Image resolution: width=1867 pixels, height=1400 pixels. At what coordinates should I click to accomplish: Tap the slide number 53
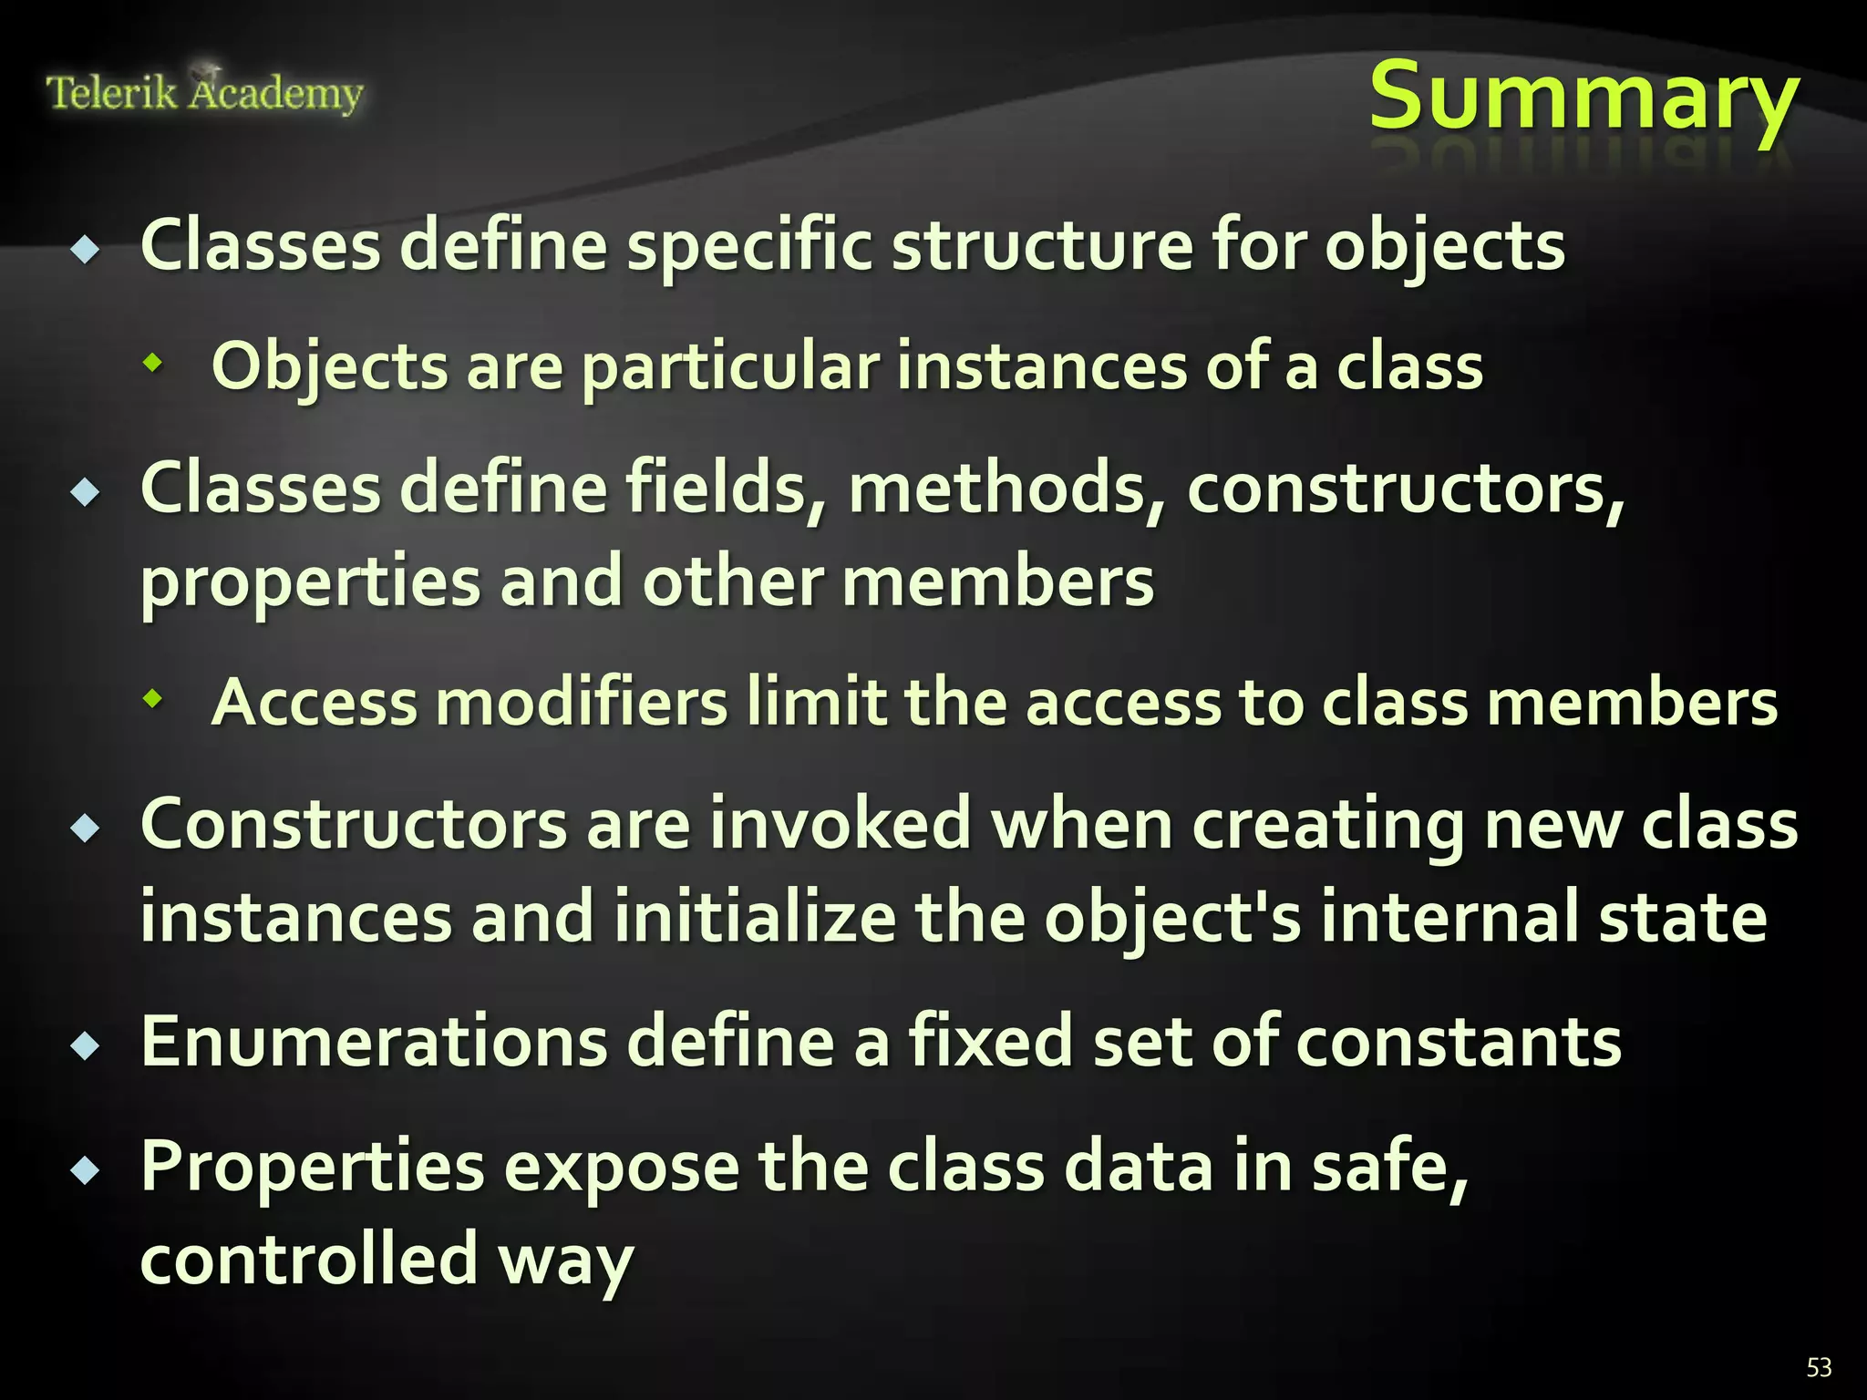point(1819,1367)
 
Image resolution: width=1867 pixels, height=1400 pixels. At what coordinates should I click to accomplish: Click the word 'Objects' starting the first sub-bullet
point(329,366)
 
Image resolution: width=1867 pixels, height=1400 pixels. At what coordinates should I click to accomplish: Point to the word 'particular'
point(729,366)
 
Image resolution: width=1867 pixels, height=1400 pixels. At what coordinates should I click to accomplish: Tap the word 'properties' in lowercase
point(310,583)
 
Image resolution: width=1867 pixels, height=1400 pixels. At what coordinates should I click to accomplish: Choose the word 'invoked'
point(840,824)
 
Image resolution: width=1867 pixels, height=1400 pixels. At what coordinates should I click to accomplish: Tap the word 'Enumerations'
point(374,1041)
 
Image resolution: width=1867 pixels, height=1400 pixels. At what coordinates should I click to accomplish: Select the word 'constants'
point(1458,1041)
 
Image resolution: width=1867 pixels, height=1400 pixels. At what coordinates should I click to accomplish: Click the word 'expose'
point(621,1168)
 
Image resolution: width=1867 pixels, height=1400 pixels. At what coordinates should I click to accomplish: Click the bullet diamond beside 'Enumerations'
point(87,1045)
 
